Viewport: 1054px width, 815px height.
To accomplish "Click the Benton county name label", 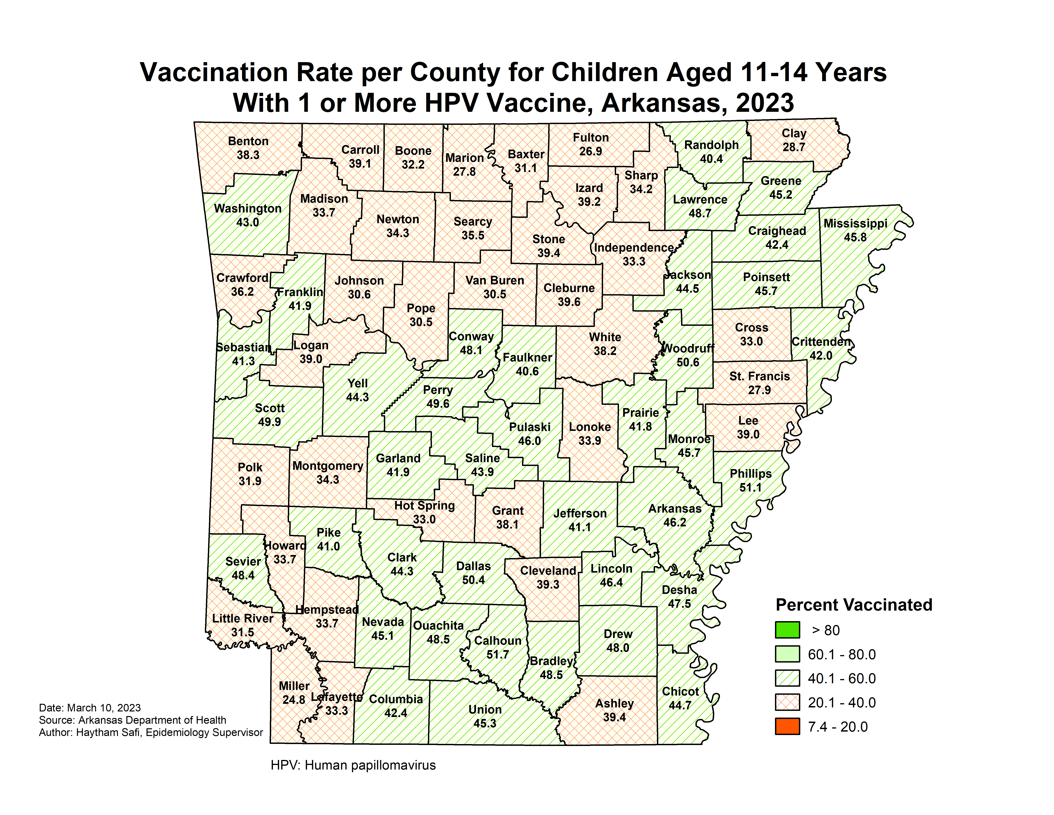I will tap(248, 142).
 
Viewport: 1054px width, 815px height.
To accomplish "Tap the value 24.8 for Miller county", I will tap(293, 700).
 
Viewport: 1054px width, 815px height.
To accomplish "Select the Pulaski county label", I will tap(530, 427).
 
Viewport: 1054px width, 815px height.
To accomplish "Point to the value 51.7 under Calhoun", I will tap(497, 655).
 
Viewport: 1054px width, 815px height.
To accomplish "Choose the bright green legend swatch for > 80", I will tap(787, 630).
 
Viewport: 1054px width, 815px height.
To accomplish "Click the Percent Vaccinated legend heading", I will tap(854, 605).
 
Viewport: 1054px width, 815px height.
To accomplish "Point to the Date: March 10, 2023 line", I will tap(90, 708).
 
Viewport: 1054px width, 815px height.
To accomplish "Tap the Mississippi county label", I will tap(855, 224).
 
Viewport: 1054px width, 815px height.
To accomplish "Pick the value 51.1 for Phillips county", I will tap(750, 488).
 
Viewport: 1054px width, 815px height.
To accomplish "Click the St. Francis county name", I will tap(760, 377).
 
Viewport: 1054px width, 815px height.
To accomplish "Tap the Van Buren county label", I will tap(495, 281).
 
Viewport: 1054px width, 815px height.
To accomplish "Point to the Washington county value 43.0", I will tap(248, 223).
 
